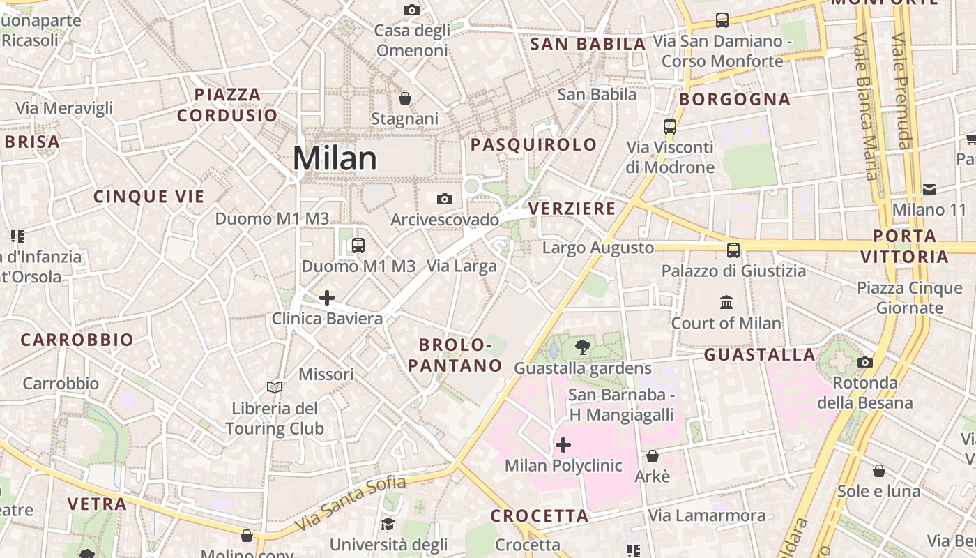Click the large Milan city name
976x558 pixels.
point(335,159)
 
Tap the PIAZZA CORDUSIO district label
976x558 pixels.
point(227,105)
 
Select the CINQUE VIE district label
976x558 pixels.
point(149,197)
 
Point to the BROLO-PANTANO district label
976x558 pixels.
point(455,355)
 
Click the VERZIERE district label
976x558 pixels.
point(572,209)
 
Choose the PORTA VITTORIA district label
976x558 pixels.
point(904,246)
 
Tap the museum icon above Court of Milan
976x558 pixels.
point(726,303)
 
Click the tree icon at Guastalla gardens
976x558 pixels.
point(582,347)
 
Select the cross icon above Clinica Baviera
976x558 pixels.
point(326,299)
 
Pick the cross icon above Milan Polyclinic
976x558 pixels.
point(563,445)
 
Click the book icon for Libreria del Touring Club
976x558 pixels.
point(275,387)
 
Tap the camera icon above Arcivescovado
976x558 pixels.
point(444,199)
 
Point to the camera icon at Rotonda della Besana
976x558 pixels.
point(864,362)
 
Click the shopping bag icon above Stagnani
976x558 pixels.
point(404,98)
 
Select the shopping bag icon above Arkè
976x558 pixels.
point(652,456)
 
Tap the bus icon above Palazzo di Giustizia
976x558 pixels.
point(733,250)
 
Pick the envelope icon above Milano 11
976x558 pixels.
point(929,189)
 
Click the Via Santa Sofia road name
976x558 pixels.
point(350,502)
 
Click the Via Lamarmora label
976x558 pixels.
point(707,515)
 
